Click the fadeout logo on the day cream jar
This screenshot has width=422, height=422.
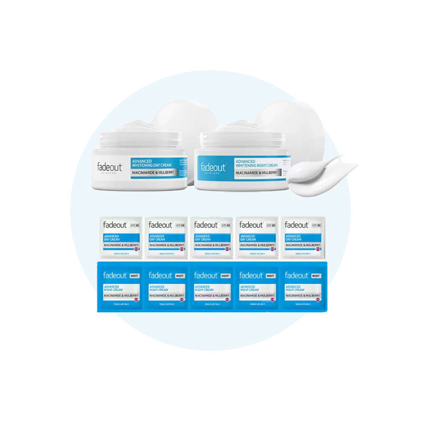point(110,167)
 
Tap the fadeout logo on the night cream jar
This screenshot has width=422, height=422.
point(213,167)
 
